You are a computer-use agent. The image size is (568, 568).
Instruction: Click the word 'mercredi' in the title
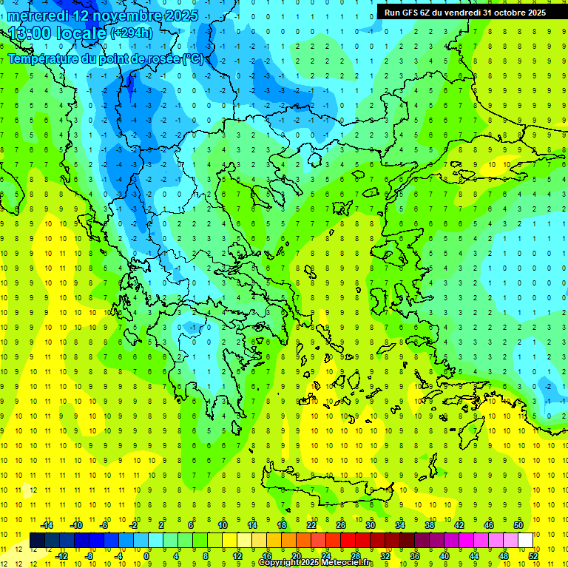click(x=39, y=14)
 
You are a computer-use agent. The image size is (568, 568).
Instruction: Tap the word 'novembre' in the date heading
click(x=134, y=14)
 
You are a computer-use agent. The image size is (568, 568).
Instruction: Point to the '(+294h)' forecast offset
click(x=131, y=33)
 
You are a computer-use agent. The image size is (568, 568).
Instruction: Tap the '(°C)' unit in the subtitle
click(x=193, y=58)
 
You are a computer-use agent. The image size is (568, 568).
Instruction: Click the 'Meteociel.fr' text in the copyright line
click(x=348, y=563)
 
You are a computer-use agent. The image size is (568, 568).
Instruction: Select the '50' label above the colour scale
click(x=518, y=525)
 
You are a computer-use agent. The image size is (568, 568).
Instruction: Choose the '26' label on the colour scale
click(x=341, y=525)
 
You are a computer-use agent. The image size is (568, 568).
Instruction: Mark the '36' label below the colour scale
click(x=415, y=555)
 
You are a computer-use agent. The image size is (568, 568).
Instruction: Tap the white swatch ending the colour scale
click(x=525, y=540)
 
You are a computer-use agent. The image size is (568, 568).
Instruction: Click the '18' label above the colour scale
click(x=282, y=525)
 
